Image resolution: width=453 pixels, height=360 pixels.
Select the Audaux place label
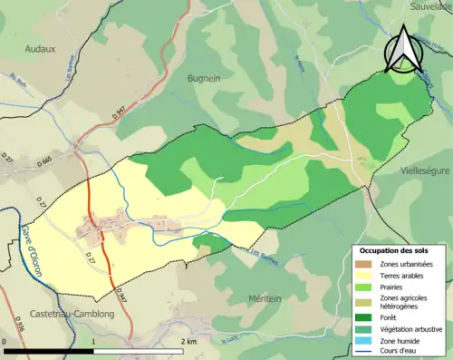[x=41, y=51]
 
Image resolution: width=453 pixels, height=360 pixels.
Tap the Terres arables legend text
[x=405, y=275]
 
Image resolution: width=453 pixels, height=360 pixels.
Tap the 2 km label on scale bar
[x=189, y=342]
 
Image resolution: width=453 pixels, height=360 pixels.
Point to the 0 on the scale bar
[x=5, y=342]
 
